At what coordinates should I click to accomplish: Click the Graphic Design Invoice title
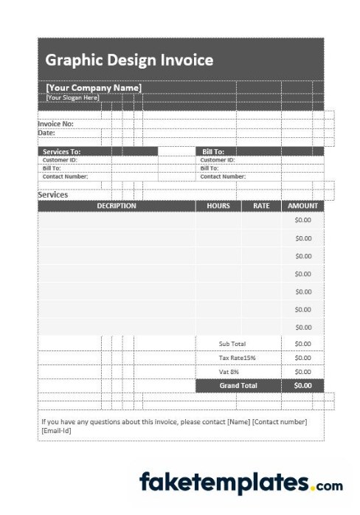(x=129, y=60)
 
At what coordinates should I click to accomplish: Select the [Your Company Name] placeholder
(x=94, y=88)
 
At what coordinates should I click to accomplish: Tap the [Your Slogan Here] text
(x=72, y=97)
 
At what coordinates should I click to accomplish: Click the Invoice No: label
(x=55, y=124)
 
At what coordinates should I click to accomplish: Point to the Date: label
(x=46, y=133)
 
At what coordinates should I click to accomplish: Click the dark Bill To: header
(x=213, y=151)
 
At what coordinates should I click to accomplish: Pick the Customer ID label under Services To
(x=60, y=159)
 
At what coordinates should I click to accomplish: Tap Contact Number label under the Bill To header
(x=223, y=176)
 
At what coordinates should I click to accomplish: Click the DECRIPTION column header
(x=117, y=206)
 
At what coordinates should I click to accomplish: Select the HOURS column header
(x=218, y=206)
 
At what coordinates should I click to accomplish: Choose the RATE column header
(x=261, y=206)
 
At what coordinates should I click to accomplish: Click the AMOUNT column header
(x=302, y=206)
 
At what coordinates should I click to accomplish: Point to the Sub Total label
(x=232, y=344)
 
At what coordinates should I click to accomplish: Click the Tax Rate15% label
(x=237, y=358)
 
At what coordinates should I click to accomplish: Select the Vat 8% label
(x=229, y=372)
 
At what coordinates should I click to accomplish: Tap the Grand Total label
(x=238, y=385)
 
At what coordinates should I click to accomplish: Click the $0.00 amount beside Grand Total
(x=303, y=385)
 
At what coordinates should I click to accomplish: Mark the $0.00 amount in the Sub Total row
(x=303, y=344)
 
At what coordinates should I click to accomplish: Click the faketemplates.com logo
(x=240, y=483)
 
